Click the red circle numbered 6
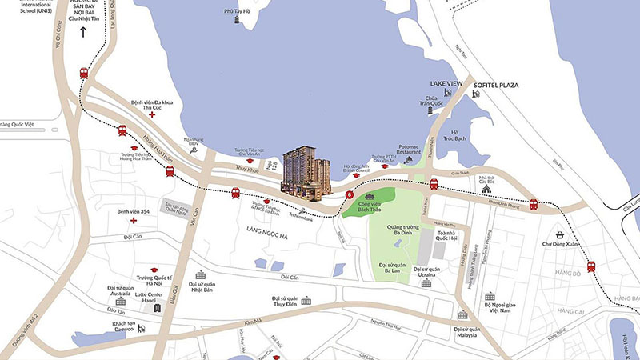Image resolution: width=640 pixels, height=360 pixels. pyautogui.click(x=350, y=194)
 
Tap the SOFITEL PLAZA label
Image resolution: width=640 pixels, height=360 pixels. pyautogui.click(x=498, y=83)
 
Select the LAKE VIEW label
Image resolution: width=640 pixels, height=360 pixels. pyautogui.click(x=446, y=83)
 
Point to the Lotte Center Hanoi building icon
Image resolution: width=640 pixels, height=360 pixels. pyautogui.click(x=168, y=307)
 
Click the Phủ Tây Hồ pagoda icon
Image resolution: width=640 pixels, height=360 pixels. pyautogui.click(x=238, y=20)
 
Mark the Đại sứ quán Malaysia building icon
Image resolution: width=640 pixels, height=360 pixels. pyautogui.click(x=462, y=315)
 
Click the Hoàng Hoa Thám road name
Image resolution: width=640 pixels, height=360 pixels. pyautogui.click(x=154, y=143)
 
